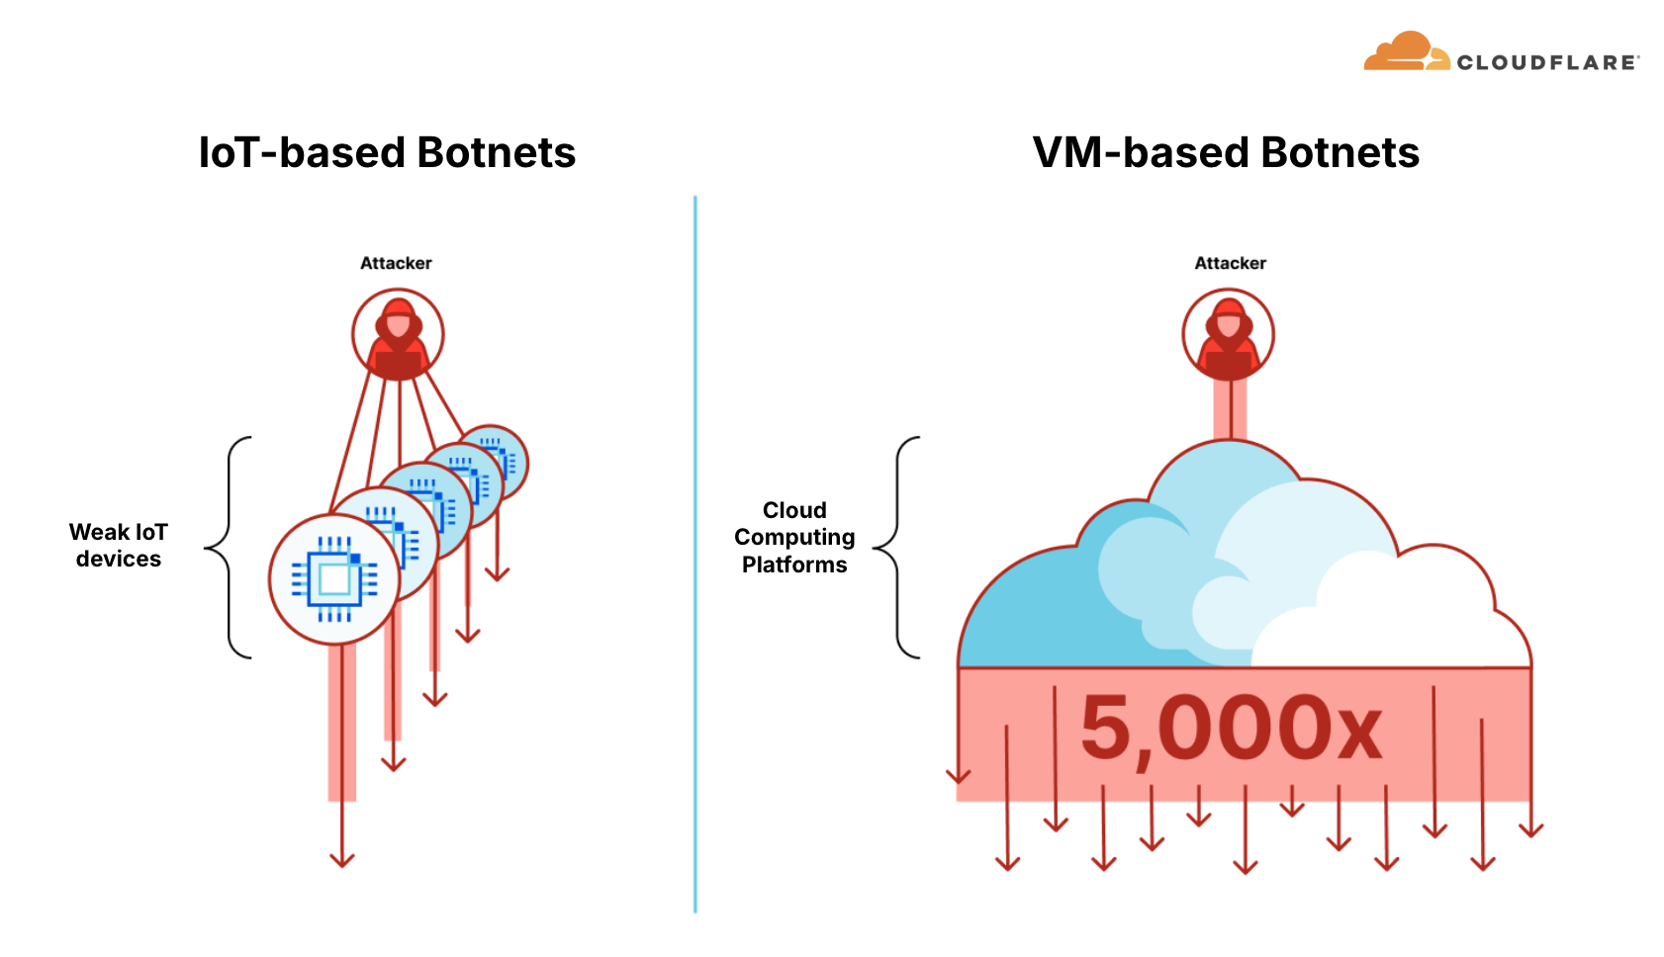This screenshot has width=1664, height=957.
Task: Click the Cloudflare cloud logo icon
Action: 1405,52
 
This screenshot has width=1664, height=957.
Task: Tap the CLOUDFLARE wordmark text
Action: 1547,62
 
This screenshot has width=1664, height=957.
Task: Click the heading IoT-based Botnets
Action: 387,153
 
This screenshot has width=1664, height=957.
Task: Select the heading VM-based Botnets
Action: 1226,153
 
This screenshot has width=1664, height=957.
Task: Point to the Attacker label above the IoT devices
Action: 396,263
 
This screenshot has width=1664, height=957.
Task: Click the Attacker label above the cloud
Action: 1230,263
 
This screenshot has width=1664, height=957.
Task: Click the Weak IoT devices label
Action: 119,546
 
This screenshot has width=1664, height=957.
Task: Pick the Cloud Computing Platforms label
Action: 794,537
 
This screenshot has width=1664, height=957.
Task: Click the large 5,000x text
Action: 1231,730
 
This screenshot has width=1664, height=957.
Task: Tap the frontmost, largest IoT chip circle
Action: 334,579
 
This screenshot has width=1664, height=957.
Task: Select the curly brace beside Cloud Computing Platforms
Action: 896,547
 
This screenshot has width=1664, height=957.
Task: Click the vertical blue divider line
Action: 695,554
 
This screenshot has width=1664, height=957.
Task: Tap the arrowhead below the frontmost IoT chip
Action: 342,859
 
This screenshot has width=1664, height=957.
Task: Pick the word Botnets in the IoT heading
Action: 497,153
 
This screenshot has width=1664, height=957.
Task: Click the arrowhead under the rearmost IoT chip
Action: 498,573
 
